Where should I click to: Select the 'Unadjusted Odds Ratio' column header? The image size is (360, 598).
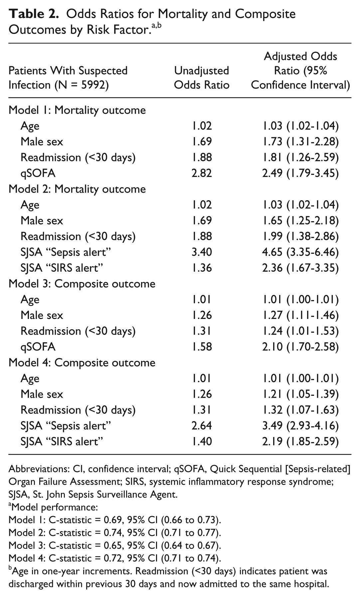click(x=202, y=77)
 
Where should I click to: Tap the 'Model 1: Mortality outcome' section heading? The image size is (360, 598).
click(x=77, y=110)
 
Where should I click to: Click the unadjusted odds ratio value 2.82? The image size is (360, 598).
click(x=202, y=173)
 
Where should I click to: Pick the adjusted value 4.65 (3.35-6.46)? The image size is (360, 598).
click(x=300, y=252)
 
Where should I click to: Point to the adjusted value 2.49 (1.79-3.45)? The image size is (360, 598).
click(x=300, y=173)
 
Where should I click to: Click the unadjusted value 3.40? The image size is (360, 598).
click(x=202, y=252)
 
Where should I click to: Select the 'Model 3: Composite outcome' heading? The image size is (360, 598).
click(x=82, y=284)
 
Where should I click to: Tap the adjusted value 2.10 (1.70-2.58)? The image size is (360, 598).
click(x=300, y=347)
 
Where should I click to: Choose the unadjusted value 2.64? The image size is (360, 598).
click(x=202, y=426)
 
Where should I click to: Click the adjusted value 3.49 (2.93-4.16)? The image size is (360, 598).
click(x=300, y=426)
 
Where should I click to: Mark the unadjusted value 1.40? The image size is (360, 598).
click(x=202, y=442)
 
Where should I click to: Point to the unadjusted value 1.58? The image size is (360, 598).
click(x=202, y=347)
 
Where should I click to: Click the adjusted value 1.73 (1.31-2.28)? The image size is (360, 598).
click(x=300, y=142)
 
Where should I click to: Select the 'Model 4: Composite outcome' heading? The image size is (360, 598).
click(x=82, y=363)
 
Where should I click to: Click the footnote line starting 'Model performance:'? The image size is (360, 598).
click(x=53, y=507)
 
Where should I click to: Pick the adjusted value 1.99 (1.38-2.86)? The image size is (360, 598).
click(x=300, y=236)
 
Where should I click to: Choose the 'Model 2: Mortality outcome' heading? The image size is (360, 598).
click(x=77, y=189)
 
